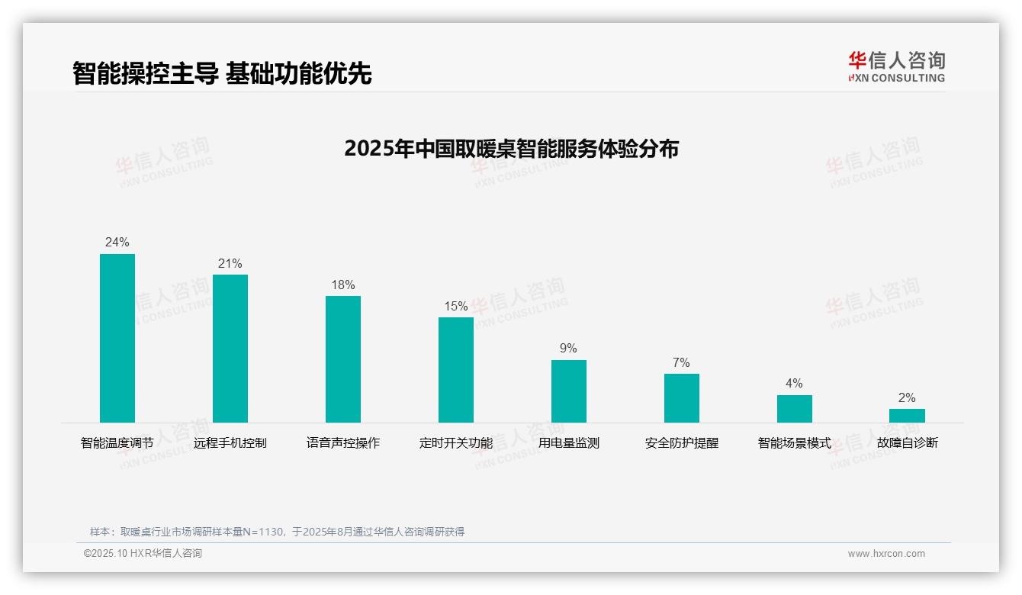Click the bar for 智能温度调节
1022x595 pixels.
tap(117, 338)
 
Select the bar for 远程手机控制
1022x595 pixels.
tap(230, 349)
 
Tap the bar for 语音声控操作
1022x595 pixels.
tap(343, 359)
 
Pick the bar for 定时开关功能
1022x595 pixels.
tap(456, 370)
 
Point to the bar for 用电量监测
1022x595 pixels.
tap(569, 391)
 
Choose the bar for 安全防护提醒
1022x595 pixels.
tap(682, 398)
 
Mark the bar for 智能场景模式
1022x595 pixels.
tap(795, 409)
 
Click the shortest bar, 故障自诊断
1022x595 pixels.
tap(907, 416)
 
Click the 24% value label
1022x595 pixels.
tap(117, 243)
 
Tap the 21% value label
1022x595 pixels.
tap(230, 264)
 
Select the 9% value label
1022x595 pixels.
tap(569, 349)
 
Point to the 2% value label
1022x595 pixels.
tap(907, 398)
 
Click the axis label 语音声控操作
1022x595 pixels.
tap(343, 443)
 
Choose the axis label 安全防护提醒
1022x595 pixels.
tap(682, 443)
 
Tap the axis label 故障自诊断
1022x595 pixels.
tap(907, 443)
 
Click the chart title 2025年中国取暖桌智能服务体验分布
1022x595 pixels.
tap(511, 148)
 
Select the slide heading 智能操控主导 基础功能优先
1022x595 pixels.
tap(222, 74)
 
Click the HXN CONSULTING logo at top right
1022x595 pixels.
tap(896, 67)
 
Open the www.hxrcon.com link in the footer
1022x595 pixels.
tap(886, 554)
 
